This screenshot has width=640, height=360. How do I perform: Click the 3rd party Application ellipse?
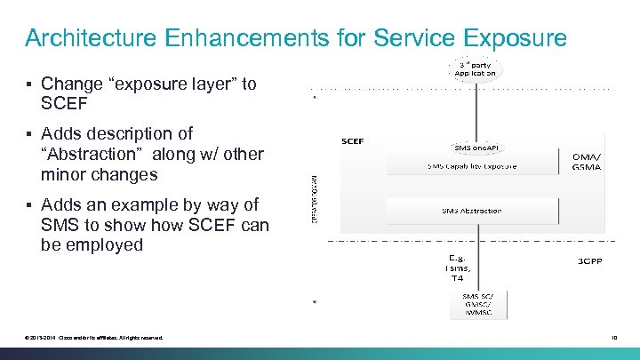click(x=475, y=68)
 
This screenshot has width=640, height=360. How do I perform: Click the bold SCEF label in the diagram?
click(x=353, y=140)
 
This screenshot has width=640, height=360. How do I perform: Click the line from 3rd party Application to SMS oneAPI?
click(x=476, y=111)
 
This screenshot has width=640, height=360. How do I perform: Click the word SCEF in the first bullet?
click(x=65, y=104)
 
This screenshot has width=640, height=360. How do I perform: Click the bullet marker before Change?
click(x=29, y=84)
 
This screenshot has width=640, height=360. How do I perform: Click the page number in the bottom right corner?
click(x=612, y=336)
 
